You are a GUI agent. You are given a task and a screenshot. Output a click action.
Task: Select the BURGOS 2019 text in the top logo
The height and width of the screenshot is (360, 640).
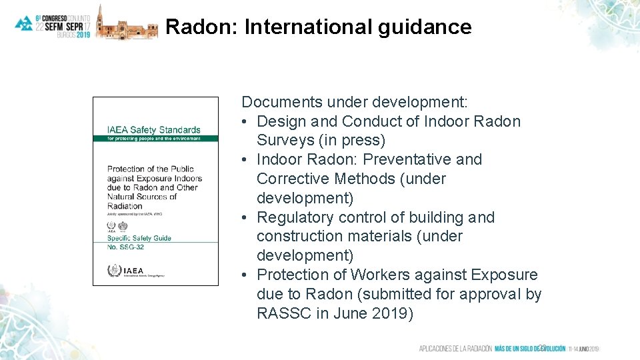coord(74,34)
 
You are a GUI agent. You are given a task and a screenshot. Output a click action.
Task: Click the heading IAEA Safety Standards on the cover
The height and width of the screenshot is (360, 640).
coord(153,129)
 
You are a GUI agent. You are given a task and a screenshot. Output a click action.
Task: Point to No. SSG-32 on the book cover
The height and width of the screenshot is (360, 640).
coord(125,247)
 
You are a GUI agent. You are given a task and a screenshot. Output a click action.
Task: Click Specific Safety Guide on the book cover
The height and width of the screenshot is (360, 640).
coord(139,238)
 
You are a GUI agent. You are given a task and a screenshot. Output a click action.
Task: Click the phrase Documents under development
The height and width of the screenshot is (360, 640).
coord(355,102)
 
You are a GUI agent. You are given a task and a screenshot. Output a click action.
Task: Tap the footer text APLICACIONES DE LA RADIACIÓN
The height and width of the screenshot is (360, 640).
coord(455,349)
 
